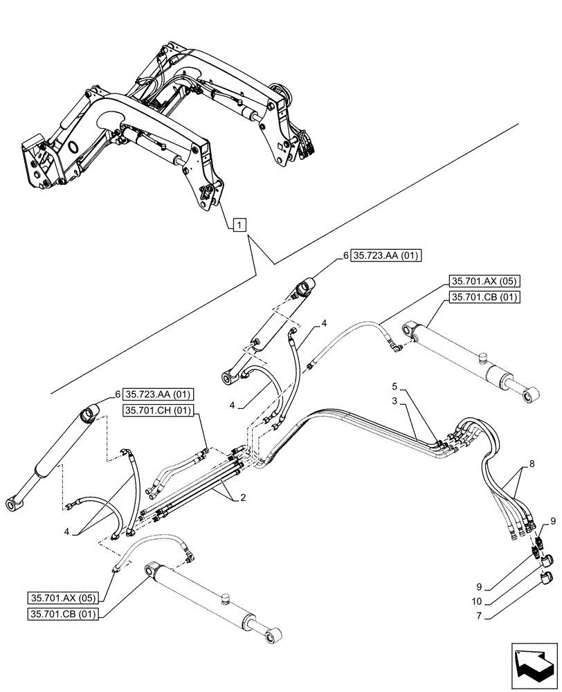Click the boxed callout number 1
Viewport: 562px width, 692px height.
tap(238, 224)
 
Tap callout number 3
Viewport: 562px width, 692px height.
tap(393, 401)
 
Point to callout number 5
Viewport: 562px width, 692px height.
tap(393, 385)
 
